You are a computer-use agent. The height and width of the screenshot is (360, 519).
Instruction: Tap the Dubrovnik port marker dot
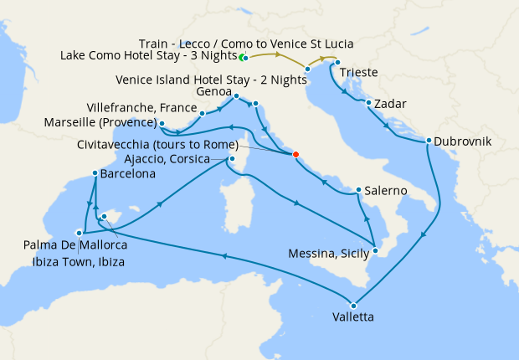428,141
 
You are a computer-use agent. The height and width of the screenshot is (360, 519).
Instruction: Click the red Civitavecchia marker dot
295,153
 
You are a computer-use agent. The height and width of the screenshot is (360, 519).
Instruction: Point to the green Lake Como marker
242,58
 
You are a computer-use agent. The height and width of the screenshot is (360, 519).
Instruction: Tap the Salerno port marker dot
358,190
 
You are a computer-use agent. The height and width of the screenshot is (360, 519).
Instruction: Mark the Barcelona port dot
95,174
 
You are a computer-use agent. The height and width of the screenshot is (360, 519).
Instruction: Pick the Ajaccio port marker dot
232,159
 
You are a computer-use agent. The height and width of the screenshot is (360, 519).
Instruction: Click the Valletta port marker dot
353,305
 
